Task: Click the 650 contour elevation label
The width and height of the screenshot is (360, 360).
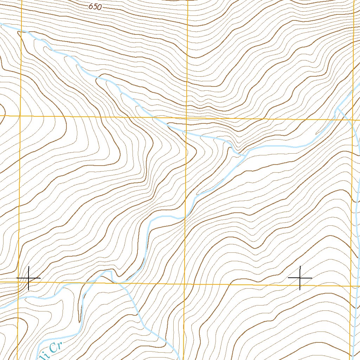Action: coord(95,7)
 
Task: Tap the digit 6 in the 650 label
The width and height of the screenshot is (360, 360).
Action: coord(91,6)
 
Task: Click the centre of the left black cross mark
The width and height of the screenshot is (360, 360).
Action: coord(28,278)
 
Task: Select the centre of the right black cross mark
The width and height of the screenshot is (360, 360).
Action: coord(300,278)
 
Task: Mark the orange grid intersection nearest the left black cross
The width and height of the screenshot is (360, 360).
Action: coord(19,282)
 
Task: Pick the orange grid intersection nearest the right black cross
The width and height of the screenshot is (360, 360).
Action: coord(352,286)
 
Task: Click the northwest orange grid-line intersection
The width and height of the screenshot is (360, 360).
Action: coord(20,115)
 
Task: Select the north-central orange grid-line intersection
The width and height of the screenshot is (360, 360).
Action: coord(186,118)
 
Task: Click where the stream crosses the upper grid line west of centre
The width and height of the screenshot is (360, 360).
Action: coord(149,117)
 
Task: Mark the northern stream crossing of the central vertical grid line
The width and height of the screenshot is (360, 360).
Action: coord(186,133)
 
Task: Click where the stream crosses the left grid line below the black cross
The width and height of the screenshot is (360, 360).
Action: coord(18,299)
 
